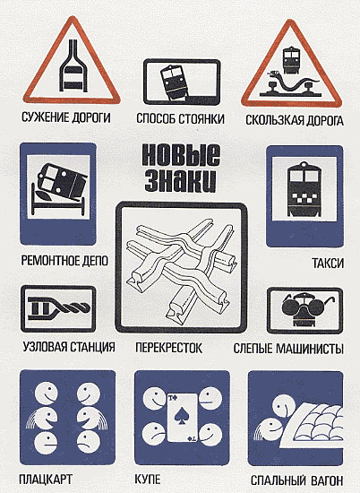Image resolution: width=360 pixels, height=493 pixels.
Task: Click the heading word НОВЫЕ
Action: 181,156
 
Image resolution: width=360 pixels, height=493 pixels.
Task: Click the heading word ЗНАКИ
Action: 180,180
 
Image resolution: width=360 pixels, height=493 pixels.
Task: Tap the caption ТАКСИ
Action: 328,264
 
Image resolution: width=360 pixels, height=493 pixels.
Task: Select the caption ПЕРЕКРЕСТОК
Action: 168,348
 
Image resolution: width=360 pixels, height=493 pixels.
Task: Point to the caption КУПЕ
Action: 148,480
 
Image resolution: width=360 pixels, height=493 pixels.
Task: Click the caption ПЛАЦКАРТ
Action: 46,480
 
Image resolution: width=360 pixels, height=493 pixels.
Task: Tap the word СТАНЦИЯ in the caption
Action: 91,347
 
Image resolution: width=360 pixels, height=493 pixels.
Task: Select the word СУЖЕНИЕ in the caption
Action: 46,117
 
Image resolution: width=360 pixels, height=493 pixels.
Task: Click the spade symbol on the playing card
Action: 181,416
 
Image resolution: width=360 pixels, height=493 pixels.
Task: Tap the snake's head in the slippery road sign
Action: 273,74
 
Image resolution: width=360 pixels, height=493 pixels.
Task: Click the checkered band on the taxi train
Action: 304,197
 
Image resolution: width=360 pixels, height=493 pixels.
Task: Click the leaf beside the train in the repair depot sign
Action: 43,195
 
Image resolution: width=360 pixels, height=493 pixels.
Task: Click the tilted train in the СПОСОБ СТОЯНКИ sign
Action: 175,82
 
